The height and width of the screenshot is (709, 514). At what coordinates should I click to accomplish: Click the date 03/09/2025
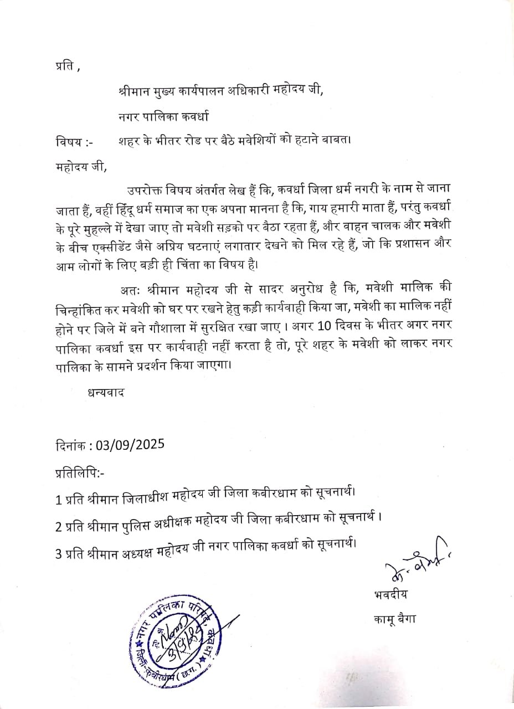pos(130,445)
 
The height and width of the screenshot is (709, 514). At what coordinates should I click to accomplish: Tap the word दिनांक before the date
pos(73,445)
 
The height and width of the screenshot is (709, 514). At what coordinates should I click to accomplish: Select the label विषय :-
pos(74,141)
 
